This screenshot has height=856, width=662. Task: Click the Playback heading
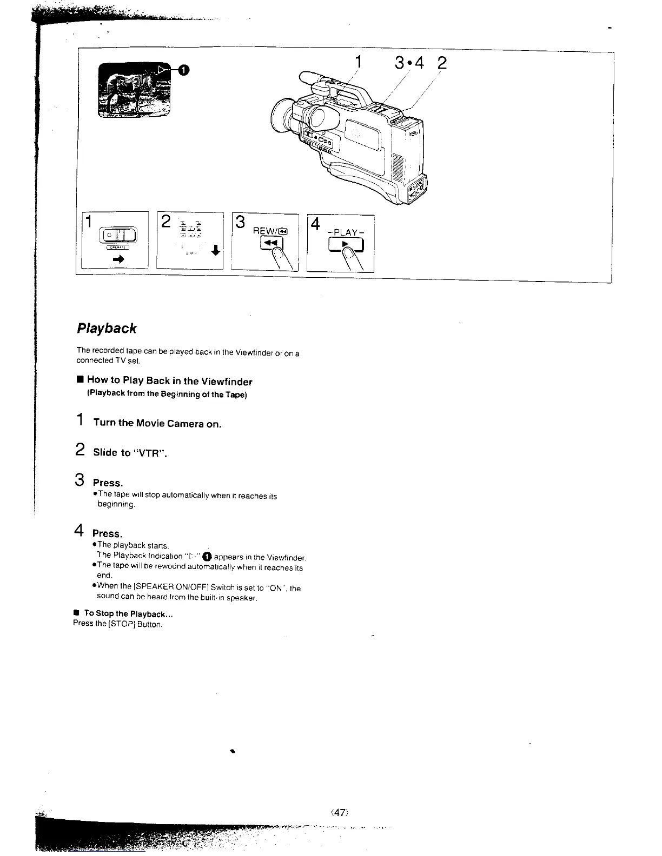point(107,329)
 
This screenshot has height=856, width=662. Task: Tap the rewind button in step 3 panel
point(269,245)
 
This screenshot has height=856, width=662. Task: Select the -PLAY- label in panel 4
point(346,232)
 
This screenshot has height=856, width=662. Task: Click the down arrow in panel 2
point(216,251)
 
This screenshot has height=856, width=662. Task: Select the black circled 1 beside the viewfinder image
point(183,69)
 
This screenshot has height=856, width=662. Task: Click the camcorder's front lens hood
point(282,117)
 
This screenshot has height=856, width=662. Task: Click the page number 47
point(339,812)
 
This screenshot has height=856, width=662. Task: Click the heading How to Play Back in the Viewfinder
point(169,382)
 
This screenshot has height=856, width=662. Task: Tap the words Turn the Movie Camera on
point(157,423)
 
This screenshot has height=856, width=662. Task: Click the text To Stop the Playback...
point(128,614)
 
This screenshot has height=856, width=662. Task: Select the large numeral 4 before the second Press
point(78,530)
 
